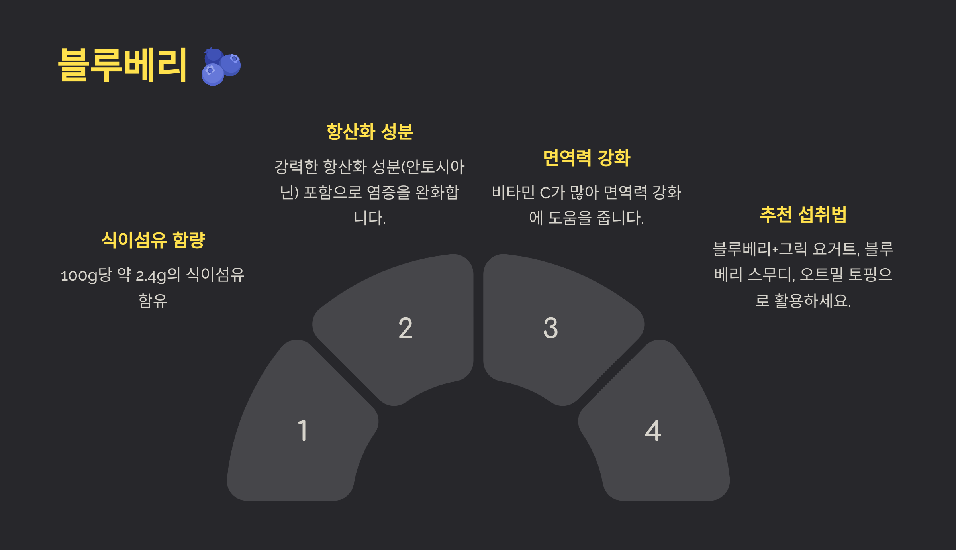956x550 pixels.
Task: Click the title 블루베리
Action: click(x=123, y=65)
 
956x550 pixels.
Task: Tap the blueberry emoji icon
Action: click(x=221, y=66)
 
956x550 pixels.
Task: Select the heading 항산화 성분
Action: click(x=370, y=132)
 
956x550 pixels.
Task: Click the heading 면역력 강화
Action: click(x=587, y=158)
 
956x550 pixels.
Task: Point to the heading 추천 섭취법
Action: click(x=803, y=215)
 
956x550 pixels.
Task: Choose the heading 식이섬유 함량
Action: click(x=153, y=240)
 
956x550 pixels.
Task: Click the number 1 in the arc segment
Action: click(x=303, y=430)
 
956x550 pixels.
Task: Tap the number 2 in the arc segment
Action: click(x=406, y=328)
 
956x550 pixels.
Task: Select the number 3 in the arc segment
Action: click(x=550, y=328)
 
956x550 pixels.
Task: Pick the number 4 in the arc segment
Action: click(x=653, y=430)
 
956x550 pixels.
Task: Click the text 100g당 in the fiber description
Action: click(x=86, y=275)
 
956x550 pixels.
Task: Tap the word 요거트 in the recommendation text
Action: click(x=836, y=249)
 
